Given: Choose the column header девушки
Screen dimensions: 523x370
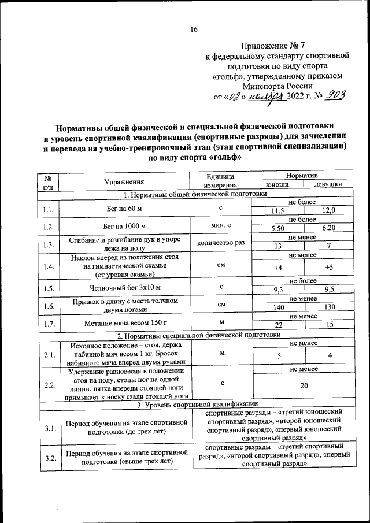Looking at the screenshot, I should point(328,184).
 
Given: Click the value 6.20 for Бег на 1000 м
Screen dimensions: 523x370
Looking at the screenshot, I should point(328,229).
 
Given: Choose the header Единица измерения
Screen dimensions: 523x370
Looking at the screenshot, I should point(221,180).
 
